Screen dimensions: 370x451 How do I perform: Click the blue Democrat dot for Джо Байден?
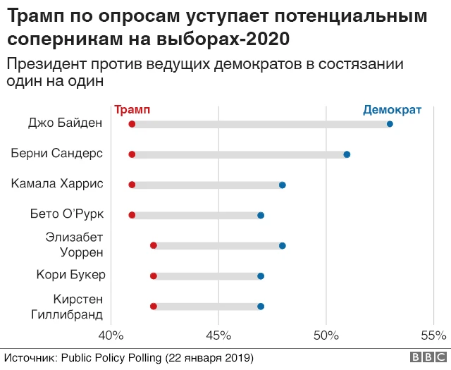click(x=390, y=124)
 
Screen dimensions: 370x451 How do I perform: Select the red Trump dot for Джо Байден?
click(x=132, y=124)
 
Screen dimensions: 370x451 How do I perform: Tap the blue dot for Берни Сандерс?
click(x=347, y=154)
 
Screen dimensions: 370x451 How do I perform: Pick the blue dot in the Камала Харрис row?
click(x=282, y=185)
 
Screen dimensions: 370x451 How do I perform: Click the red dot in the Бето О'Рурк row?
click(x=132, y=215)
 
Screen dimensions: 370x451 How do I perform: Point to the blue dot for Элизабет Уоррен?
click(x=282, y=245)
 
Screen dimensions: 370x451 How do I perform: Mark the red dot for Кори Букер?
click(x=154, y=276)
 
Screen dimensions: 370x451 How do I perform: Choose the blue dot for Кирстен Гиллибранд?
click(x=261, y=306)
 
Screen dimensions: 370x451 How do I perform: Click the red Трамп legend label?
click(x=132, y=110)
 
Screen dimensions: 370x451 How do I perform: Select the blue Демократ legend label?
click(x=392, y=110)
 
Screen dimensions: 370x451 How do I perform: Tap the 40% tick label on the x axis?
click(x=111, y=334)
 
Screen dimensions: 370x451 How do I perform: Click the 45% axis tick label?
click(x=219, y=334)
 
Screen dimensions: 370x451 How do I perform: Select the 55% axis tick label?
click(x=433, y=334)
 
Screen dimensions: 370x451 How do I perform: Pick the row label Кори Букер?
click(x=70, y=275)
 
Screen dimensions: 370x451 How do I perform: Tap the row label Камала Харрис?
click(x=57, y=184)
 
